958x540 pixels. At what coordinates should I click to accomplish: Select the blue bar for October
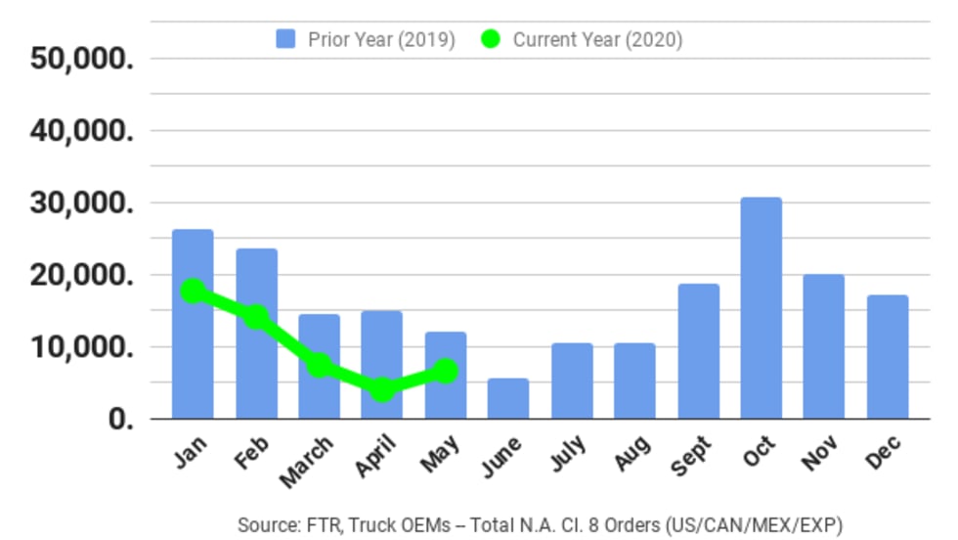click(x=761, y=308)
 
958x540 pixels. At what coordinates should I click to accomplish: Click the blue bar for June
click(x=508, y=398)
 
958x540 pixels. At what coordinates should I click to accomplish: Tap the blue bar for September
click(x=698, y=351)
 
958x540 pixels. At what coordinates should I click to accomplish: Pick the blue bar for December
click(x=888, y=357)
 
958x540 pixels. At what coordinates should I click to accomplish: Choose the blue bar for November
click(x=824, y=346)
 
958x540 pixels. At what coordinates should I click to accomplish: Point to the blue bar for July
click(x=572, y=381)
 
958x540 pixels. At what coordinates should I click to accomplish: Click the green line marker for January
click(x=194, y=291)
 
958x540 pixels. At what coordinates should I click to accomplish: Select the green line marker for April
click(x=382, y=389)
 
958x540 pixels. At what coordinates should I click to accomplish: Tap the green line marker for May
click(x=446, y=371)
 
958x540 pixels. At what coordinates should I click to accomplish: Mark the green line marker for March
click(x=320, y=365)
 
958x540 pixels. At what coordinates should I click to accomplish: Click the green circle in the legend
click(x=491, y=40)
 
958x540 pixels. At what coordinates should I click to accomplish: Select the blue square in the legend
click(x=285, y=40)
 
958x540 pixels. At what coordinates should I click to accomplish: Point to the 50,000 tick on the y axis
click(x=81, y=59)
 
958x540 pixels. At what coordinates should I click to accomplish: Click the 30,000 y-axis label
click(x=81, y=203)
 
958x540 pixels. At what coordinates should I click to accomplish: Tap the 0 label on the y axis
click(x=118, y=420)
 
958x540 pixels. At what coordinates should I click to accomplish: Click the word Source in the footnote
click(x=265, y=525)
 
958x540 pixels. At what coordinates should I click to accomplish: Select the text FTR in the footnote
click(x=315, y=525)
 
